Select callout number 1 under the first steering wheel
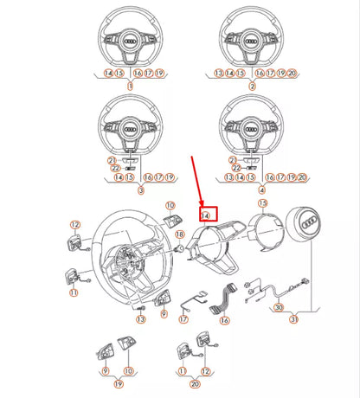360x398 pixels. coord(130,87)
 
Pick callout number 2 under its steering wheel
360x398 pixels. coord(252,87)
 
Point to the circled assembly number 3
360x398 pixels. coord(130,189)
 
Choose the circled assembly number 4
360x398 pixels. coord(252,189)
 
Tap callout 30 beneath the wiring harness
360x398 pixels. coord(280,308)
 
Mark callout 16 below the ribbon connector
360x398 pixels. coord(225,320)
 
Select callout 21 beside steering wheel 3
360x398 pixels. coord(111,161)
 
